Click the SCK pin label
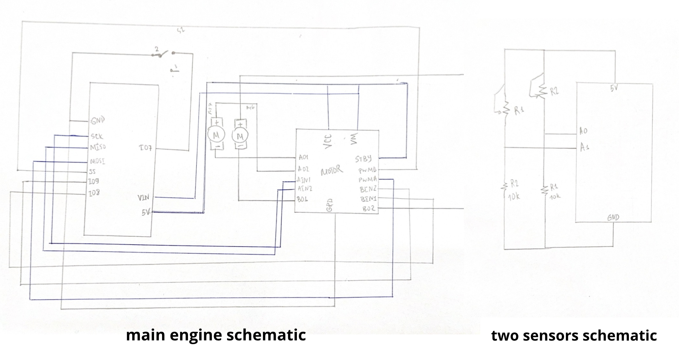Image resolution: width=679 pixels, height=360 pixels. point(96,136)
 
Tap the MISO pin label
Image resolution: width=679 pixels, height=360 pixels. point(98,147)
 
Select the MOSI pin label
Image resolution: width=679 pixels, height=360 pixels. point(97,162)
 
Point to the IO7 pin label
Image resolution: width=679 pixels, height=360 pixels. point(145,148)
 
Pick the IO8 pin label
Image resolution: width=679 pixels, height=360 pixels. point(94,193)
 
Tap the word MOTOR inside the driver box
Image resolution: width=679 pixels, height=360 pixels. point(332,171)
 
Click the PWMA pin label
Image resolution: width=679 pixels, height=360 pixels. point(367,180)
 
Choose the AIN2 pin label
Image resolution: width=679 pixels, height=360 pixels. point(304,188)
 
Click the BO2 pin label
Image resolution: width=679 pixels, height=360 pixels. point(368,208)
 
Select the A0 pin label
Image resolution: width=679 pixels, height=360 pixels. point(583,131)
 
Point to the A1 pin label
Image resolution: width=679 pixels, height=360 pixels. point(584,147)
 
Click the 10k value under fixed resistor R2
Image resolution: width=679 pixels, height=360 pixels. point(514,197)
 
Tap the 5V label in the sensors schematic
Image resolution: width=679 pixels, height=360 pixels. point(614,88)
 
